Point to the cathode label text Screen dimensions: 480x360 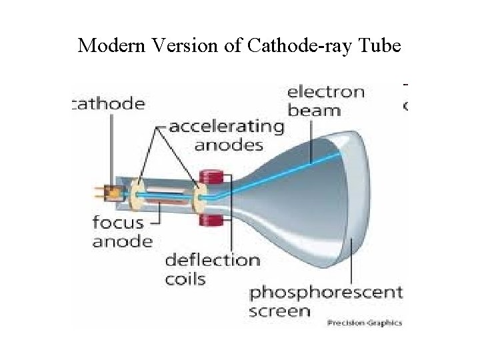coord(108,103)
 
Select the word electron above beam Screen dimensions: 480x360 coord(326,91)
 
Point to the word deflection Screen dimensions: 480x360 coord(213,259)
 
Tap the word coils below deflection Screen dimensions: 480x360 coord(186,279)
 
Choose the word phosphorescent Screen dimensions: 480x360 coord(325,292)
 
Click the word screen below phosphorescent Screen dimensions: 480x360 coord(280,311)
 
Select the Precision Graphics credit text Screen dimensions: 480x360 coord(364,323)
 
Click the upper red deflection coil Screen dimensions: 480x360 coord(211,178)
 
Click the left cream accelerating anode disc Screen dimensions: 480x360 coord(139,194)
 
